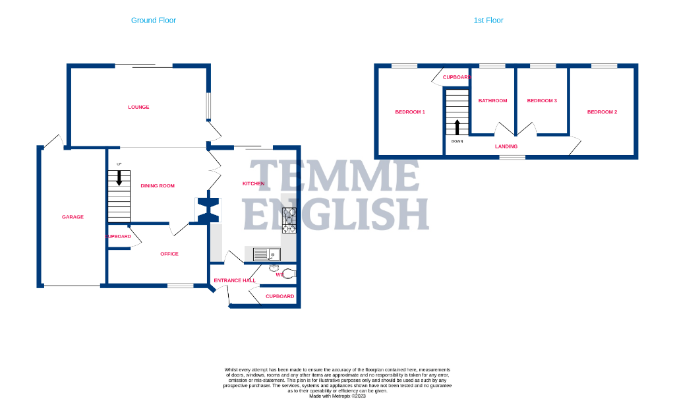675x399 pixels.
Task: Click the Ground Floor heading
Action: [153, 20]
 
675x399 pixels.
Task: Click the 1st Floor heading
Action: [488, 20]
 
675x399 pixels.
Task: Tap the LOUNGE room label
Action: [138, 107]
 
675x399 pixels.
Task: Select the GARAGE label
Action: [73, 217]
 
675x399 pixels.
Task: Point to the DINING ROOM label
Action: [158, 186]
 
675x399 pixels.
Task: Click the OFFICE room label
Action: [169, 254]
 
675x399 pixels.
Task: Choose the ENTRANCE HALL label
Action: [235, 280]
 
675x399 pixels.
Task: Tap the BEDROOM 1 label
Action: [409, 112]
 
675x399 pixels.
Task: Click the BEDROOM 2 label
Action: [602, 112]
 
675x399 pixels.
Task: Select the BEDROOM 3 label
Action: [542, 101]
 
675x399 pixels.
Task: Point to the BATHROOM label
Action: [492, 101]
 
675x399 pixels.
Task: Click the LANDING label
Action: [506, 146]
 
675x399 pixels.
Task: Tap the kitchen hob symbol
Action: [290, 220]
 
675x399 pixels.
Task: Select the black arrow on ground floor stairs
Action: [119, 177]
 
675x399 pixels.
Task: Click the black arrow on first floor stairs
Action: [457, 126]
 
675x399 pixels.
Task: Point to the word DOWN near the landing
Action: [457, 141]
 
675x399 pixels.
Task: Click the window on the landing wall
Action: [512, 157]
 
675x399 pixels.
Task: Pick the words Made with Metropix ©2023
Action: [337, 395]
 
